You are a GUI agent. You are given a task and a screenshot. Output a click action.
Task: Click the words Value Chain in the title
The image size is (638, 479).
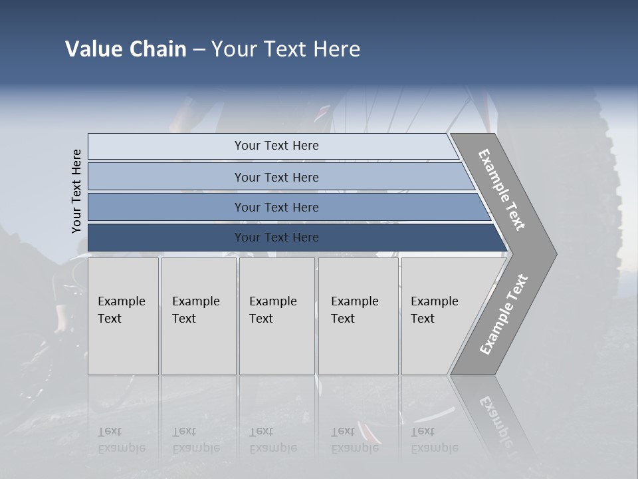click(126, 49)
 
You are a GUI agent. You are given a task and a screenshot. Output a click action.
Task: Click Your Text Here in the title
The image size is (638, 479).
click(286, 49)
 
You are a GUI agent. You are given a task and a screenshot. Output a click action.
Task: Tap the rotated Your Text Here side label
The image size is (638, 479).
click(77, 191)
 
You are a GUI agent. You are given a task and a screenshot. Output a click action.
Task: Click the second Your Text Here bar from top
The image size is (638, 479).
click(276, 177)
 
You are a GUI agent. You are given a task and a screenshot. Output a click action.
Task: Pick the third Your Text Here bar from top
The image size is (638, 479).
click(276, 207)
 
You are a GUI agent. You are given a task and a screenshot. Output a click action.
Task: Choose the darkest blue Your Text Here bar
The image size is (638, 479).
click(276, 238)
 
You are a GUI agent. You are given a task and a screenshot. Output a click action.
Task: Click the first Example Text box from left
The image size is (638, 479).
click(123, 316)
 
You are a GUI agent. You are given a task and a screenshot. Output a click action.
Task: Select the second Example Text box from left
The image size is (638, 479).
click(198, 316)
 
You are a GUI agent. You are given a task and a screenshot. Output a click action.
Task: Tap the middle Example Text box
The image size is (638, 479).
click(276, 316)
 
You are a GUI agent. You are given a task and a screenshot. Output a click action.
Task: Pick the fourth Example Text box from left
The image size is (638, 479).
click(358, 316)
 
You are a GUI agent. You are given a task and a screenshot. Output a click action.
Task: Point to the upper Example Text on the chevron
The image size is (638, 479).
click(502, 190)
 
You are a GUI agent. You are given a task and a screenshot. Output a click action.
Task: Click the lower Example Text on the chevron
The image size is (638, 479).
click(503, 314)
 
